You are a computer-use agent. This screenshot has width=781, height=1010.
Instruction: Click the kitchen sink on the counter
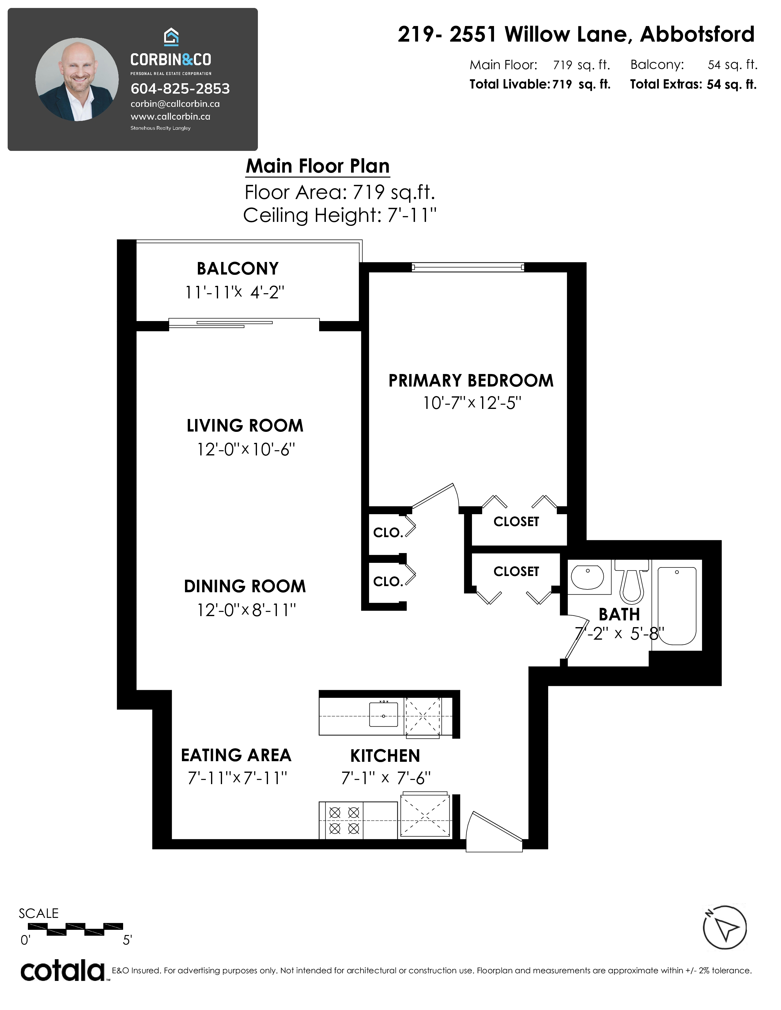click(x=383, y=714)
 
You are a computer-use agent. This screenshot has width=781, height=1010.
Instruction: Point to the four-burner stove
click(x=344, y=820)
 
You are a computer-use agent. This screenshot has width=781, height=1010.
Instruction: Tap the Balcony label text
click(x=238, y=269)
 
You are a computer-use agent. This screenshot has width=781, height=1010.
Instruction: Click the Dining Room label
click(x=245, y=586)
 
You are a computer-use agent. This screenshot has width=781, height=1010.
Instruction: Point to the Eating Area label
click(x=236, y=755)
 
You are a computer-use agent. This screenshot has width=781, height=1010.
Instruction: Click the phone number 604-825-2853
click(x=180, y=88)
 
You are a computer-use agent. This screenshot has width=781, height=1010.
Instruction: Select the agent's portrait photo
click(x=77, y=80)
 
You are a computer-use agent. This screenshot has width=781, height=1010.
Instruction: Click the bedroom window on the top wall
click(x=468, y=267)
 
